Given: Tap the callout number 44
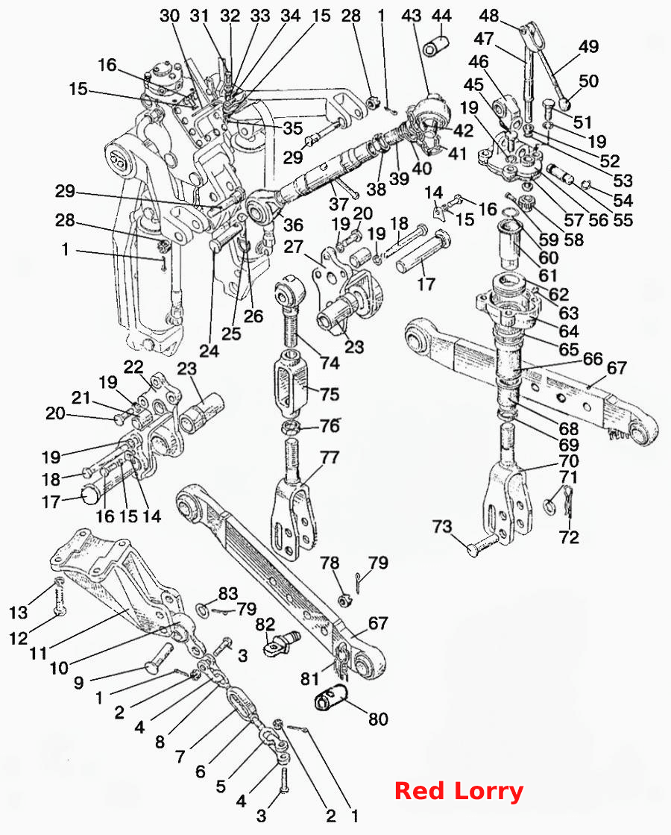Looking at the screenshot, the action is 441,16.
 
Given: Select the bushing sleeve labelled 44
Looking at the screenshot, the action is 435,46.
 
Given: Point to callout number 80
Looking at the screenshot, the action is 378,719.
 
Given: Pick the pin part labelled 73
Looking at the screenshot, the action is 482,545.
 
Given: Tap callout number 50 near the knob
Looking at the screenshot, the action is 588,81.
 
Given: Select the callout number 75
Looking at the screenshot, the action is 330,394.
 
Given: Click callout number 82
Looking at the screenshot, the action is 265,624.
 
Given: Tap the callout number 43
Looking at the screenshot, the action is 412,16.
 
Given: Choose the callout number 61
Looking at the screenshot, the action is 549,275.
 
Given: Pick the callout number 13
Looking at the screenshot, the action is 18,613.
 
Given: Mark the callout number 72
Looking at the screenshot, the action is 568,537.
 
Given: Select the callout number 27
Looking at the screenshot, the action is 293,246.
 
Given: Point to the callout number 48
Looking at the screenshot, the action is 489,16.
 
